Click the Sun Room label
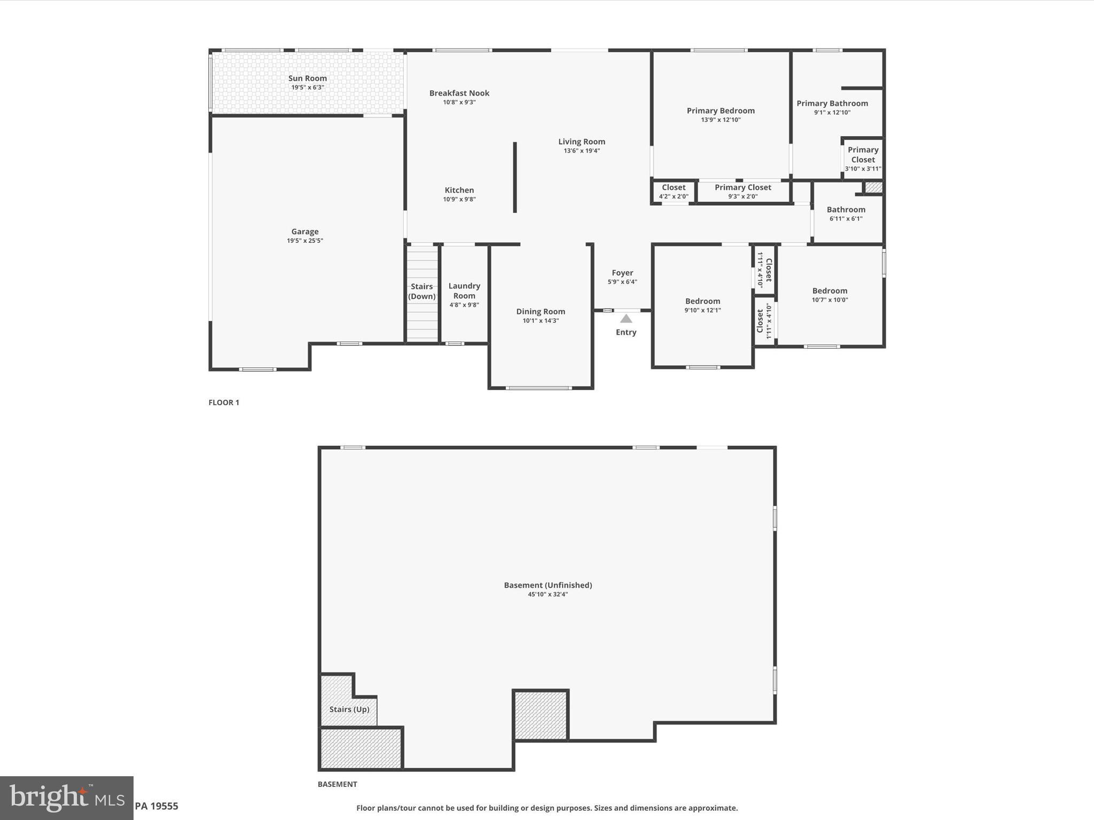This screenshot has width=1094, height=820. pos(307,78)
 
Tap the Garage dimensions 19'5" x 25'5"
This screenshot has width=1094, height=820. pos(304,241)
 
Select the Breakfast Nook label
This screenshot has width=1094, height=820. pos(459,93)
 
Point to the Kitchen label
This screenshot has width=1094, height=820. pos(459,190)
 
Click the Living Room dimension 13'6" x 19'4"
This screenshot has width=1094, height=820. pos(581,151)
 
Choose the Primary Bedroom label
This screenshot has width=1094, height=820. pos(720,111)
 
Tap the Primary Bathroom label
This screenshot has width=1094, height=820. pos(832,104)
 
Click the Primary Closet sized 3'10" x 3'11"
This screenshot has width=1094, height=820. pos(863,159)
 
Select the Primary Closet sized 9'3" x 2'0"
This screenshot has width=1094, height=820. pos(743,191)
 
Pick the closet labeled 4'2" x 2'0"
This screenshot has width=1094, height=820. pos(673,191)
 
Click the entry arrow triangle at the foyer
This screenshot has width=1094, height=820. pos(626,319)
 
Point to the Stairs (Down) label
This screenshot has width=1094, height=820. pos(421,291)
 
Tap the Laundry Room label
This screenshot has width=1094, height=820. pos(464,291)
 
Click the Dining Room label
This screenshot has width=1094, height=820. pos(540,312)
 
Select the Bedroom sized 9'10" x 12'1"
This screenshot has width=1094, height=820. pos(702,305)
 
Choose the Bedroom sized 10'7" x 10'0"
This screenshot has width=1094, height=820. pos(829,295)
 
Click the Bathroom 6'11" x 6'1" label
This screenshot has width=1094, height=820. pos(846,210)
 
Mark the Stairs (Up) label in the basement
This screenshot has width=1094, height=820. pos(349,709)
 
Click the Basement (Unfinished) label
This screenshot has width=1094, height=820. pos(548,586)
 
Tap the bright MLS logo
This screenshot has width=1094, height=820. pos(66,798)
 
